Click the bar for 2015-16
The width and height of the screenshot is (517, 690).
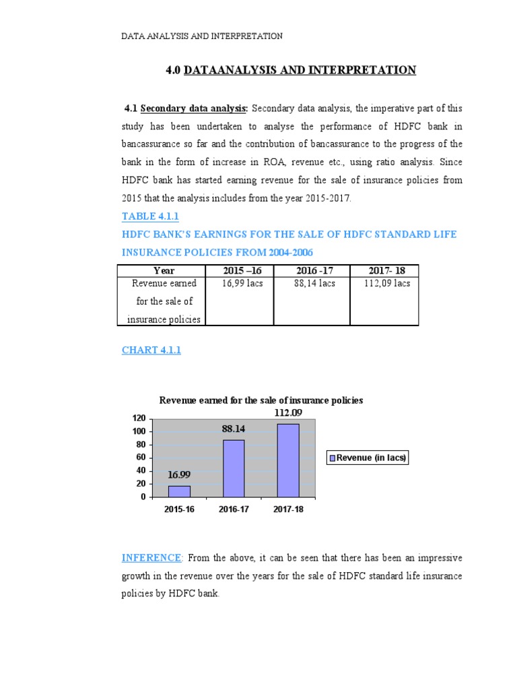coord(179,491)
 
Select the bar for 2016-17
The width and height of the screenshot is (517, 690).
coord(234,468)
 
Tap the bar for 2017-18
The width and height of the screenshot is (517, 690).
coord(288,460)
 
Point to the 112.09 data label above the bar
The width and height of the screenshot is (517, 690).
coord(287,412)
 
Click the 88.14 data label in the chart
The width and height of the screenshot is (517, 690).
coord(234,428)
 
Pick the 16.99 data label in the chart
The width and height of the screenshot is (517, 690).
coord(179,474)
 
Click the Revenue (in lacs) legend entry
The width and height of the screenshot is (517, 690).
coord(368,458)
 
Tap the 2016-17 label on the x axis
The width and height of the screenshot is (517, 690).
coord(234,509)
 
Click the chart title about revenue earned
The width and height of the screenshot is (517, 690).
coord(261,400)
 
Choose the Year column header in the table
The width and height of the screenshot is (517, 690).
coord(164,271)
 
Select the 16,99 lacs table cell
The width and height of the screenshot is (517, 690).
coord(242,284)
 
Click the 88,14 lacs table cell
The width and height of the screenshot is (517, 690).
coord(315,284)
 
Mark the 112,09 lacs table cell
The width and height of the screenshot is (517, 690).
coord(386,284)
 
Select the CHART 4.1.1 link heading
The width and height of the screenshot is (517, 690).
coord(151,350)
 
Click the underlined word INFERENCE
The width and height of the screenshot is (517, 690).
coord(151,557)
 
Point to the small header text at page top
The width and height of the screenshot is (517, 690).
coord(202,36)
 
